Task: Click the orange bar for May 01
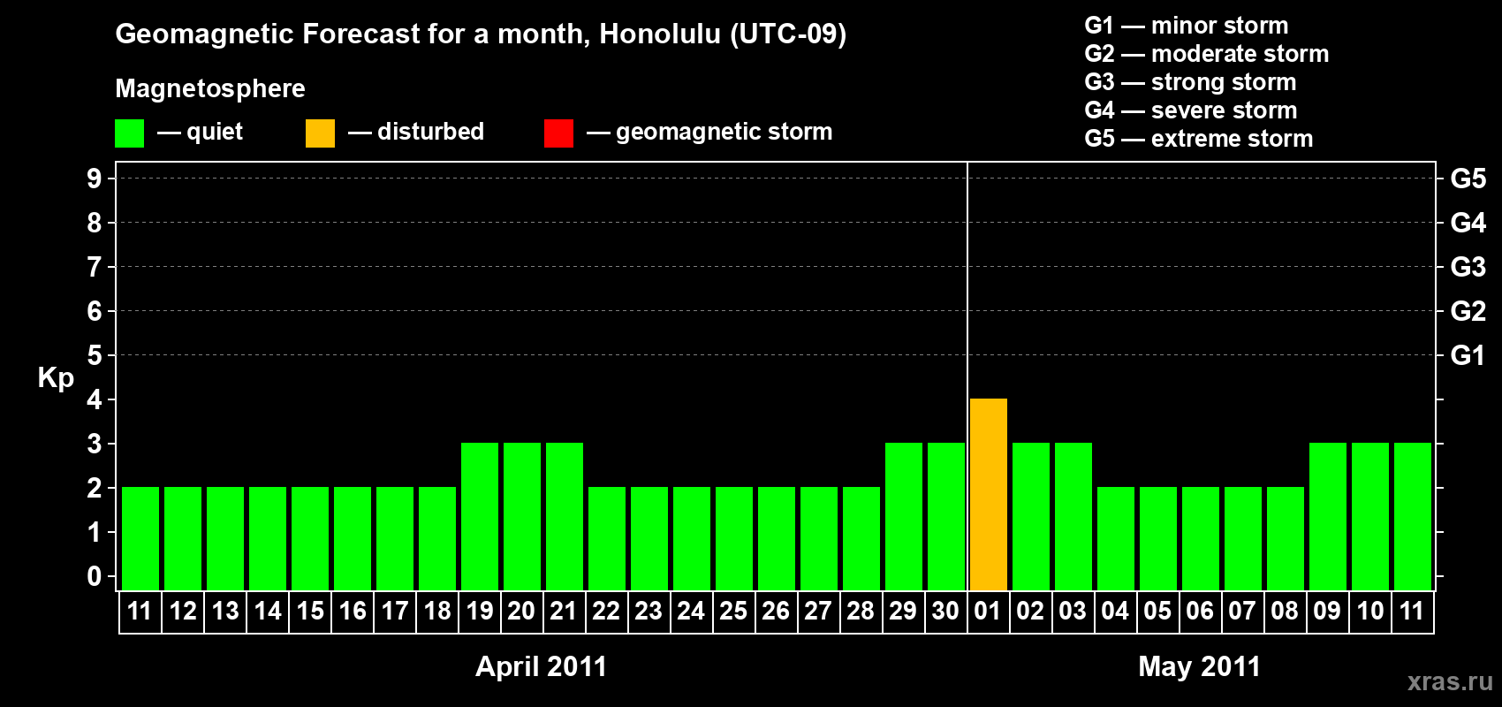989,494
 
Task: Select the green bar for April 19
480,516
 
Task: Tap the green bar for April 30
946,516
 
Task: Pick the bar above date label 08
1286,538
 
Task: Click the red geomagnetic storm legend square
558,133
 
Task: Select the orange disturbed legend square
320,133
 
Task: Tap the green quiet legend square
129,133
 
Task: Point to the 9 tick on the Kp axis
94,179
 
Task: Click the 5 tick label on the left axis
94,355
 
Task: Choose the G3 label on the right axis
1468,267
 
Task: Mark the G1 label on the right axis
1468,355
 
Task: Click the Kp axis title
56,378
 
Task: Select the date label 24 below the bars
691,611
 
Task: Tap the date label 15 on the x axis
310,611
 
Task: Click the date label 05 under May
1157,611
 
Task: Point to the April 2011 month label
541,666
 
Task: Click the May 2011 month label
1200,666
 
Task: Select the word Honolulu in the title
660,34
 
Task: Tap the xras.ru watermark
1450,681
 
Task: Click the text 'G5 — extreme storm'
1198,139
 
